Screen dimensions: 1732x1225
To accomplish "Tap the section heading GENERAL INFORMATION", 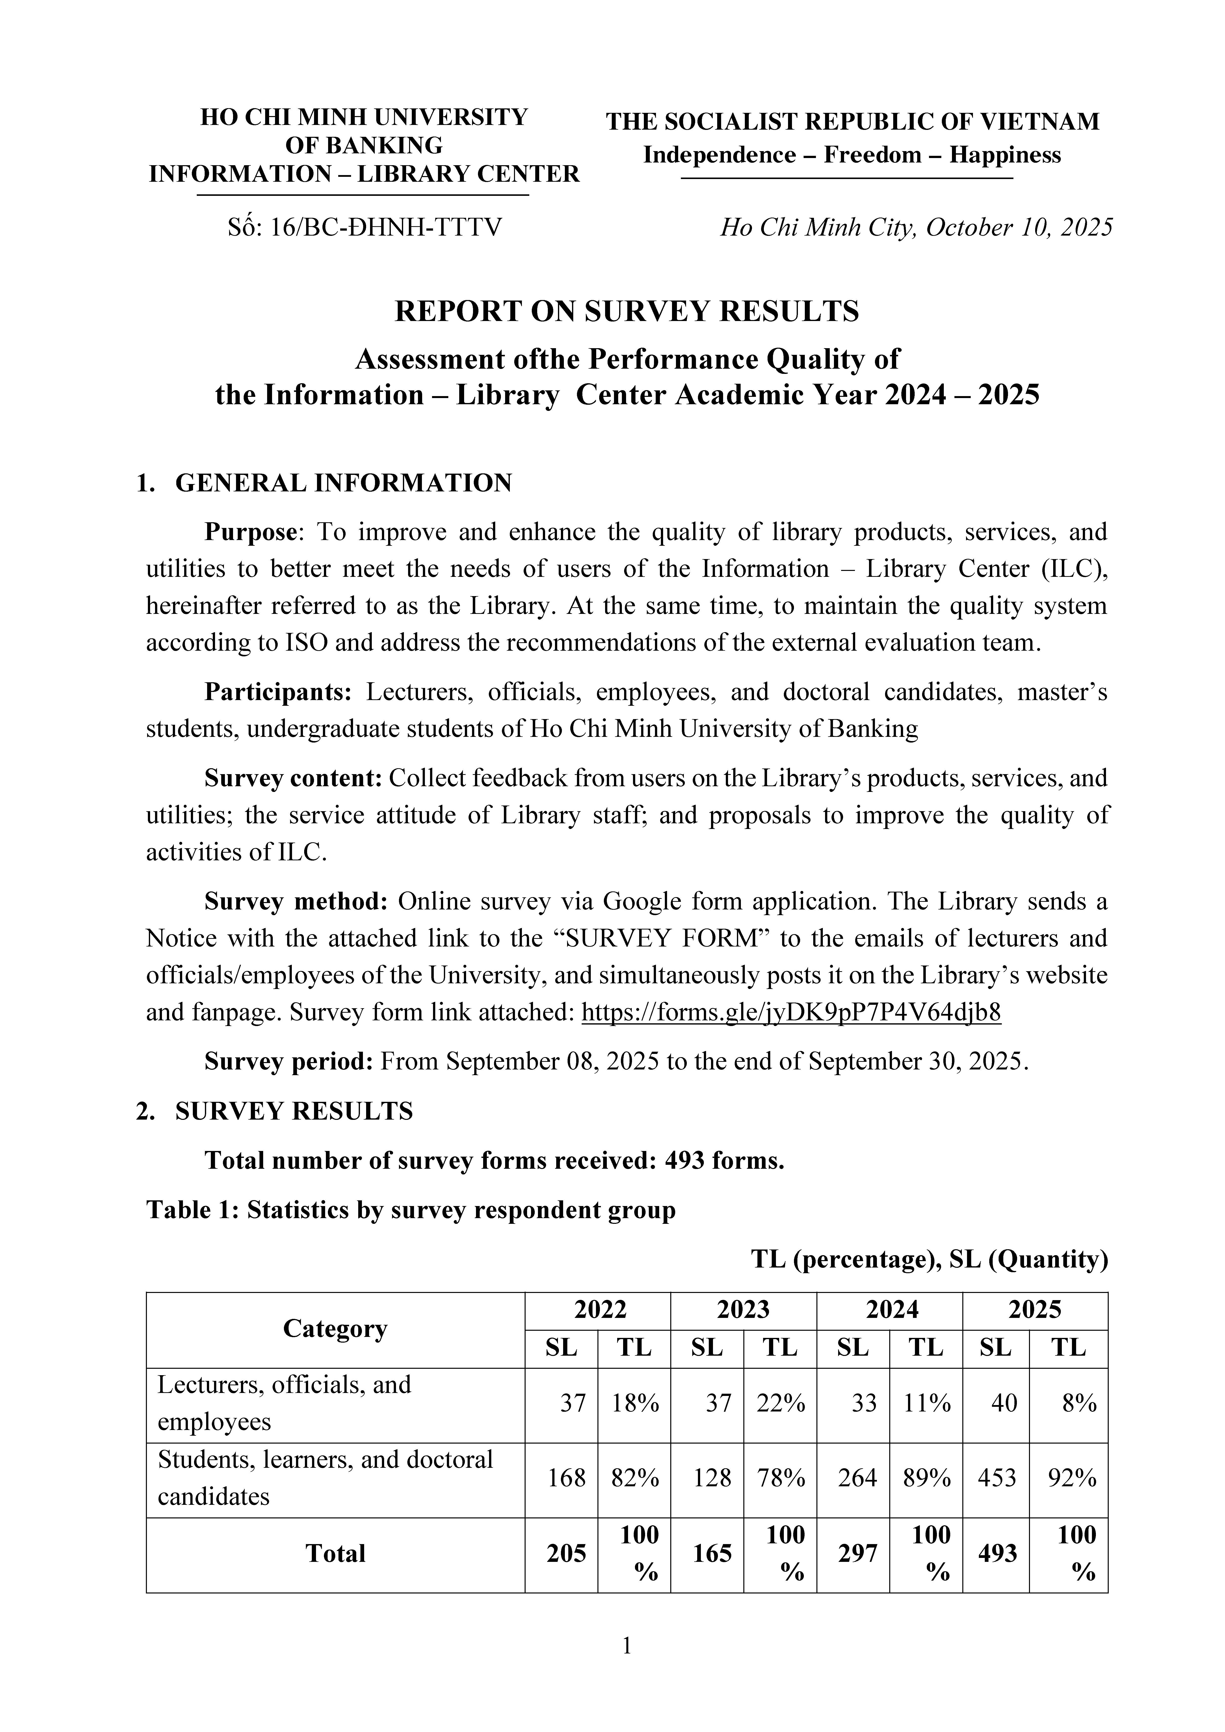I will [343, 483].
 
